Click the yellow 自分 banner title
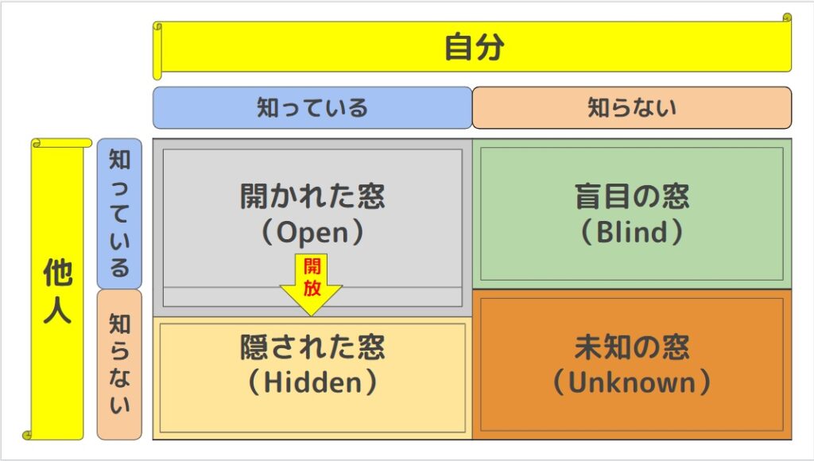pyautogui.click(x=475, y=47)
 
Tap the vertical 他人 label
pyautogui.click(x=57, y=291)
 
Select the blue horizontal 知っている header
pyautogui.click(x=312, y=107)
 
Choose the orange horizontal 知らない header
pyautogui.click(x=632, y=107)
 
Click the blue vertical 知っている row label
pyautogui.click(x=119, y=213)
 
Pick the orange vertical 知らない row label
pyautogui.click(x=119, y=365)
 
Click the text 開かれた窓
pyautogui.click(x=312, y=196)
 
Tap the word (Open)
pyautogui.click(x=312, y=232)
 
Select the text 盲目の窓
pyautogui.click(x=632, y=196)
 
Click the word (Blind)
pyautogui.click(x=632, y=232)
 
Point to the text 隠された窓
pyautogui.click(x=312, y=347)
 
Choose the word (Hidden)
pyautogui.click(x=312, y=382)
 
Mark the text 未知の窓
pyautogui.click(x=632, y=347)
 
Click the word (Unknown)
pyautogui.click(x=632, y=382)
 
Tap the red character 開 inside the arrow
pyautogui.click(x=312, y=266)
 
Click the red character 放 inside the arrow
pyautogui.click(x=312, y=287)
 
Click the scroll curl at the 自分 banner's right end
pyautogui.click(x=787, y=18)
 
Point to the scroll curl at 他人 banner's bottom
pyautogui.click(x=27, y=435)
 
